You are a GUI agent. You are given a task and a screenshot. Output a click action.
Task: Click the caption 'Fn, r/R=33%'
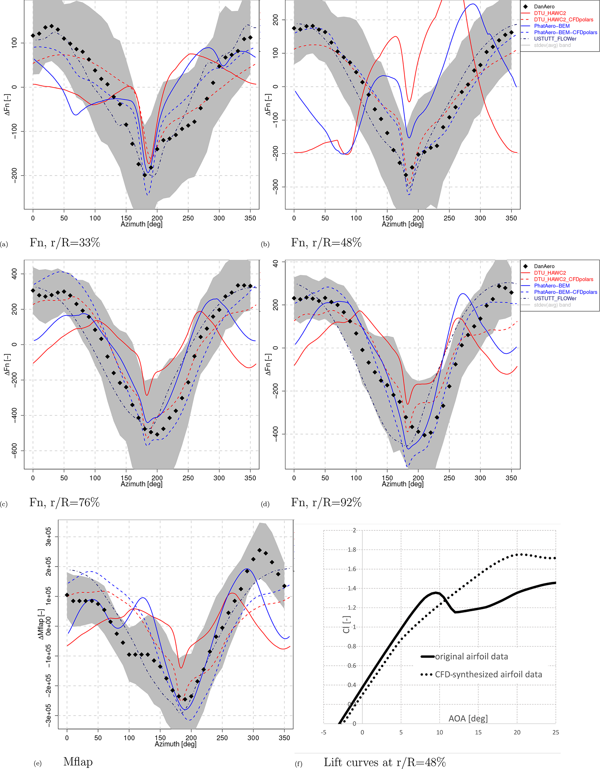point(65,243)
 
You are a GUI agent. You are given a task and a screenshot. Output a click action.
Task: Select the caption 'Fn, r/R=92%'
point(326,502)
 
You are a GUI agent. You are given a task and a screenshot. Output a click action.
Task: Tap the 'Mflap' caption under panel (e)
point(78,762)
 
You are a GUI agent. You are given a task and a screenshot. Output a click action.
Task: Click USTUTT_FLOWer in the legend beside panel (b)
point(555,39)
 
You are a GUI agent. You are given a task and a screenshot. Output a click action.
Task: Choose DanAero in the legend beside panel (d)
point(544,266)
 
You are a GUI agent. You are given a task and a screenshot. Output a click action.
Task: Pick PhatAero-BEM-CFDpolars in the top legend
point(565,33)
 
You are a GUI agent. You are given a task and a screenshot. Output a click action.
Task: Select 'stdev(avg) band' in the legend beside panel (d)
point(552,305)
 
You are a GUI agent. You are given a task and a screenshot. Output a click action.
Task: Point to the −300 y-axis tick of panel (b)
point(275,187)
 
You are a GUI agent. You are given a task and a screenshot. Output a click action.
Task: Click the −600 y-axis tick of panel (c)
point(14,451)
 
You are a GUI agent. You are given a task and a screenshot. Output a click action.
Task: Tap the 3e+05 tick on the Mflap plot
point(48,537)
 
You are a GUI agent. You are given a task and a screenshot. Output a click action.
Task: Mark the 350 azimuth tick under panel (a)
point(250,218)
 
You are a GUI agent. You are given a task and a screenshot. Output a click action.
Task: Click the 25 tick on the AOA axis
point(555,732)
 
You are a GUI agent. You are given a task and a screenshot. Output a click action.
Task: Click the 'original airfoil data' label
point(471,657)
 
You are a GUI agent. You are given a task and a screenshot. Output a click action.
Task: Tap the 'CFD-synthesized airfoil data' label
point(488,674)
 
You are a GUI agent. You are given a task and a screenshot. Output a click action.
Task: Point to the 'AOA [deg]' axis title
point(468,718)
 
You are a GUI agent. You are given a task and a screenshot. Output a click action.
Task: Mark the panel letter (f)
point(298,764)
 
